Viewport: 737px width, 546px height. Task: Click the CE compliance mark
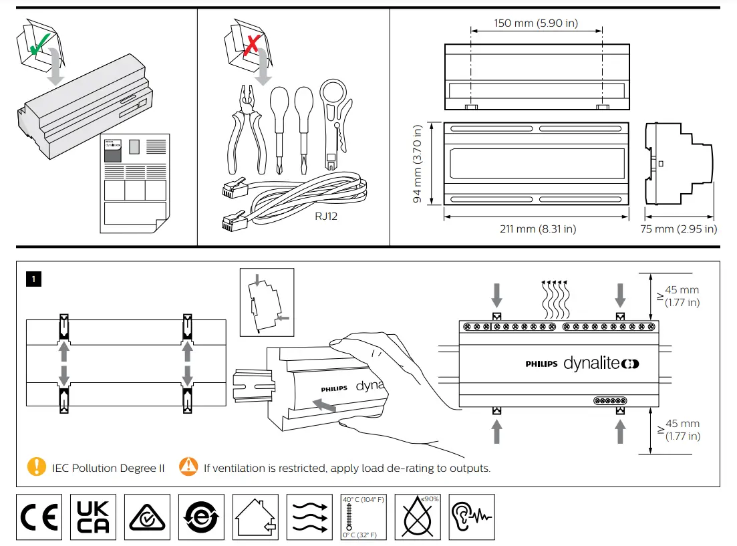click(x=39, y=517)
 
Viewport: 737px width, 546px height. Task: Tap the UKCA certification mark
click(x=93, y=517)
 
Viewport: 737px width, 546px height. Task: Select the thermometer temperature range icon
click(x=363, y=517)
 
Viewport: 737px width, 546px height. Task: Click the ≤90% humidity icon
click(x=418, y=517)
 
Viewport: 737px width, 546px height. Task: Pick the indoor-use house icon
click(x=255, y=517)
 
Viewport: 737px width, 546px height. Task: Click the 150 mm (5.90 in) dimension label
click(x=536, y=23)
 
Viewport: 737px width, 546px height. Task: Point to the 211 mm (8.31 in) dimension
click(x=537, y=229)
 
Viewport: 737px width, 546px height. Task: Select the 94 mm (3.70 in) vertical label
click(x=418, y=164)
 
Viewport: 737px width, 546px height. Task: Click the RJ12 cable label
click(x=326, y=216)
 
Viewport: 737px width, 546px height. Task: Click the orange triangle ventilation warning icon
click(x=188, y=467)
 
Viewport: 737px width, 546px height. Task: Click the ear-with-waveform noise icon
click(x=472, y=517)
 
